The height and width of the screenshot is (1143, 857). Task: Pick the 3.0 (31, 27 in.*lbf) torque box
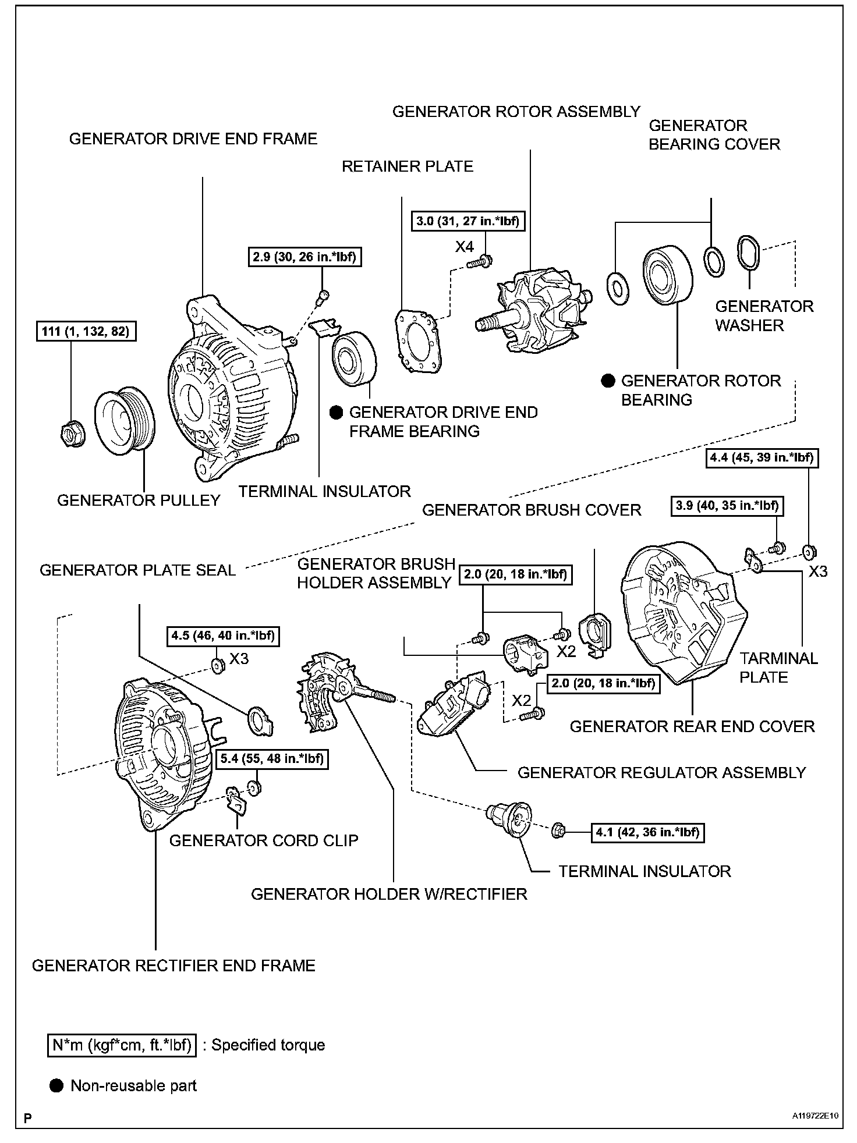tap(467, 221)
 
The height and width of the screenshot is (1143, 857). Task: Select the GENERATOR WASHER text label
tap(764, 315)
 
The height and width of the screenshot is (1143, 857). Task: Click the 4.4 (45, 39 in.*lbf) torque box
tap(761, 457)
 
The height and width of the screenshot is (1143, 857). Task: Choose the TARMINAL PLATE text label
tap(778, 668)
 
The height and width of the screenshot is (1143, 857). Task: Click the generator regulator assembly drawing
tap(455, 706)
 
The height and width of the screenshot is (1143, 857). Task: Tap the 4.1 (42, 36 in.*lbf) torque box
tap(647, 832)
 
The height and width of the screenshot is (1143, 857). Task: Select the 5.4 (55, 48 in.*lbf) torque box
tap(272, 759)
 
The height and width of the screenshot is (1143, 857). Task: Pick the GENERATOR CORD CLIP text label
tap(264, 840)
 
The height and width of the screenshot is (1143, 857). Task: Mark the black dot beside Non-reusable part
tap(56, 1085)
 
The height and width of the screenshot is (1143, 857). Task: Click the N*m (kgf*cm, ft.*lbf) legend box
tap(122, 1045)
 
